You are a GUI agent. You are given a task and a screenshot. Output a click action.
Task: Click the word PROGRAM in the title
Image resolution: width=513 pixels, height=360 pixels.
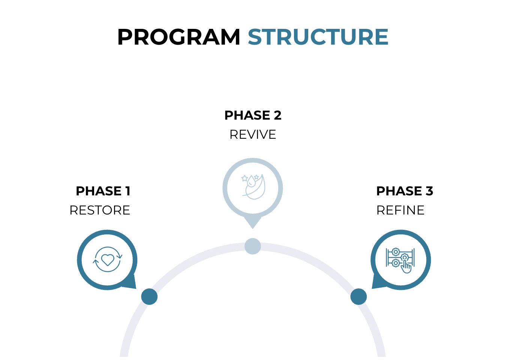pos(178,37)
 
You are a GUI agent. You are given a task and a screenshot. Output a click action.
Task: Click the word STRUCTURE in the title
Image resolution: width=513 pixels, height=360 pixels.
pos(318,37)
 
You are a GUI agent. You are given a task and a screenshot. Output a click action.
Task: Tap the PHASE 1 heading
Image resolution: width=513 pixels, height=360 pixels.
pos(103,191)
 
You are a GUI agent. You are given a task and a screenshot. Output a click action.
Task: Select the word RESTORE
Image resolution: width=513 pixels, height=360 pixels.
pos(100,210)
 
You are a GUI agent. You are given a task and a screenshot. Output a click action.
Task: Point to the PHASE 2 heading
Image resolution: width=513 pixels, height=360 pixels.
pos(252,115)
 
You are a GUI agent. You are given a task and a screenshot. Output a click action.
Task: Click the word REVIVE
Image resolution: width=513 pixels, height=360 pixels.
pos(252,135)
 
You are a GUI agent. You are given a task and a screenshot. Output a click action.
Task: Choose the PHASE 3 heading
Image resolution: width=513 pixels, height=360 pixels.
pos(404,191)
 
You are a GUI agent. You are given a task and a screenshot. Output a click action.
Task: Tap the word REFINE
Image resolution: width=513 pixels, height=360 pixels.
pos(400,210)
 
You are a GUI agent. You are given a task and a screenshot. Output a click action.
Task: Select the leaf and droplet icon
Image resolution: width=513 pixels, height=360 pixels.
pos(253,186)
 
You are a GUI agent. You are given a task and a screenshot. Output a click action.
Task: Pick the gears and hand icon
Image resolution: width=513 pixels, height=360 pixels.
pos(400,260)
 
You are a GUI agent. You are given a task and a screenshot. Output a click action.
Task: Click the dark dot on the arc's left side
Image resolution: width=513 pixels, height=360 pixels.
pos(149,297)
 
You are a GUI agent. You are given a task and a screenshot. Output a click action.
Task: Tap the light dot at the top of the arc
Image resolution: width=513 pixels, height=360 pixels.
pos(253,246)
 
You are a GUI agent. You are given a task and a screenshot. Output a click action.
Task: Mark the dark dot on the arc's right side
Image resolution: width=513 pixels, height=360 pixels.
pos(358,297)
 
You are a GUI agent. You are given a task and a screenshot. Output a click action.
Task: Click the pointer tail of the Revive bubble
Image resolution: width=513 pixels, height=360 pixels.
pos(253,222)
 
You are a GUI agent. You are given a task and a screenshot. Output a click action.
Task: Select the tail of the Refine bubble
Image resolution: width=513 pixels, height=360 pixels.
pos(378,282)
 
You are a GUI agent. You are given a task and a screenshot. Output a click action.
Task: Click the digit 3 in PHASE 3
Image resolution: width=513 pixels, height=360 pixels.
pos(429,191)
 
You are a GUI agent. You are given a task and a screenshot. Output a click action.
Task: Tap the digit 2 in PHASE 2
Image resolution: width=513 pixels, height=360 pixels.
pos(277,115)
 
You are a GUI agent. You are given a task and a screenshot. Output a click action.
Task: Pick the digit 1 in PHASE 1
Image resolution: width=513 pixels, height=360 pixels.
pos(128,191)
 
